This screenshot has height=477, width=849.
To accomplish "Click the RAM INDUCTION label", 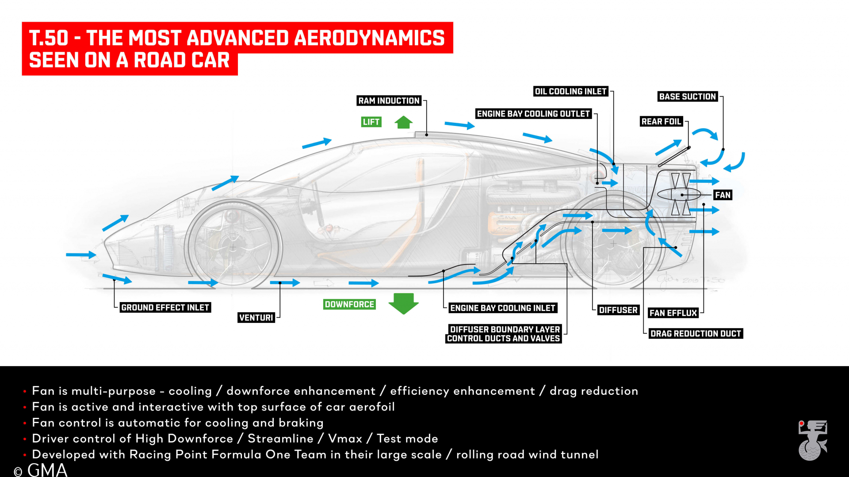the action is (x=389, y=101).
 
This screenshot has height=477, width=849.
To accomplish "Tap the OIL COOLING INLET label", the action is (x=570, y=91).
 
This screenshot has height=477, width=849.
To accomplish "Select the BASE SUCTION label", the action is (x=687, y=97).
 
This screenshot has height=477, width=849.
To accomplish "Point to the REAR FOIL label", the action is (x=662, y=121).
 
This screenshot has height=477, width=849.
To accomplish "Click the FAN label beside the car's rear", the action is (x=723, y=195).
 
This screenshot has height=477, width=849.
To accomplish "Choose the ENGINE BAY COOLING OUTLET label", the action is (x=533, y=114).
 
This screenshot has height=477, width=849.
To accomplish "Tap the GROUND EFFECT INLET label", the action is (x=165, y=307).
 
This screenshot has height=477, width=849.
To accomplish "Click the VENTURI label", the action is (x=256, y=318).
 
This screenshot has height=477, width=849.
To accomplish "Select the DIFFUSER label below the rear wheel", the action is (x=618, y=310).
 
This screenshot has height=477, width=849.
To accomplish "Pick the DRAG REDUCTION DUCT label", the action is (x=696, y=333).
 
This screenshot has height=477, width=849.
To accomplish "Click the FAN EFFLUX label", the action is (x=673, y=313).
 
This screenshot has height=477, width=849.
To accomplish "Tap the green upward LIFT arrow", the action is (x=404, y=122).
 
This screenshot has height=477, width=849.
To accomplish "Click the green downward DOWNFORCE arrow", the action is (x=404, y=304).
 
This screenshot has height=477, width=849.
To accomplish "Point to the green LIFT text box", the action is (x=371, y=122).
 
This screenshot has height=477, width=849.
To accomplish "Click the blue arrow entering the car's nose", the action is (x=81, y=255).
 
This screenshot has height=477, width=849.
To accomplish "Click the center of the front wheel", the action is (x=233, y=248).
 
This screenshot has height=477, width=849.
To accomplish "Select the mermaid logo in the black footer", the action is (x=813, y=440).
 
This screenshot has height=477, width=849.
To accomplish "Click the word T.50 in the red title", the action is (x=49, y=38).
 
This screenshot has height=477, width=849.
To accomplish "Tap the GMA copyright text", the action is (x=41, y=469).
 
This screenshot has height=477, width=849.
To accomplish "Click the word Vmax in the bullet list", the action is (x=345, y=439).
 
